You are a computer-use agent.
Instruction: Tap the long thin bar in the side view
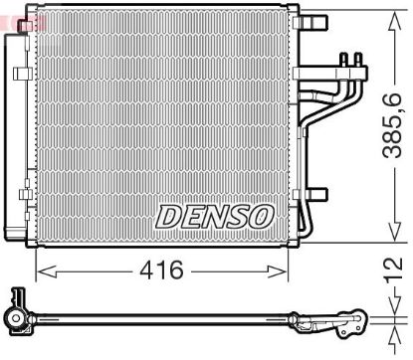coord(159,319)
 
